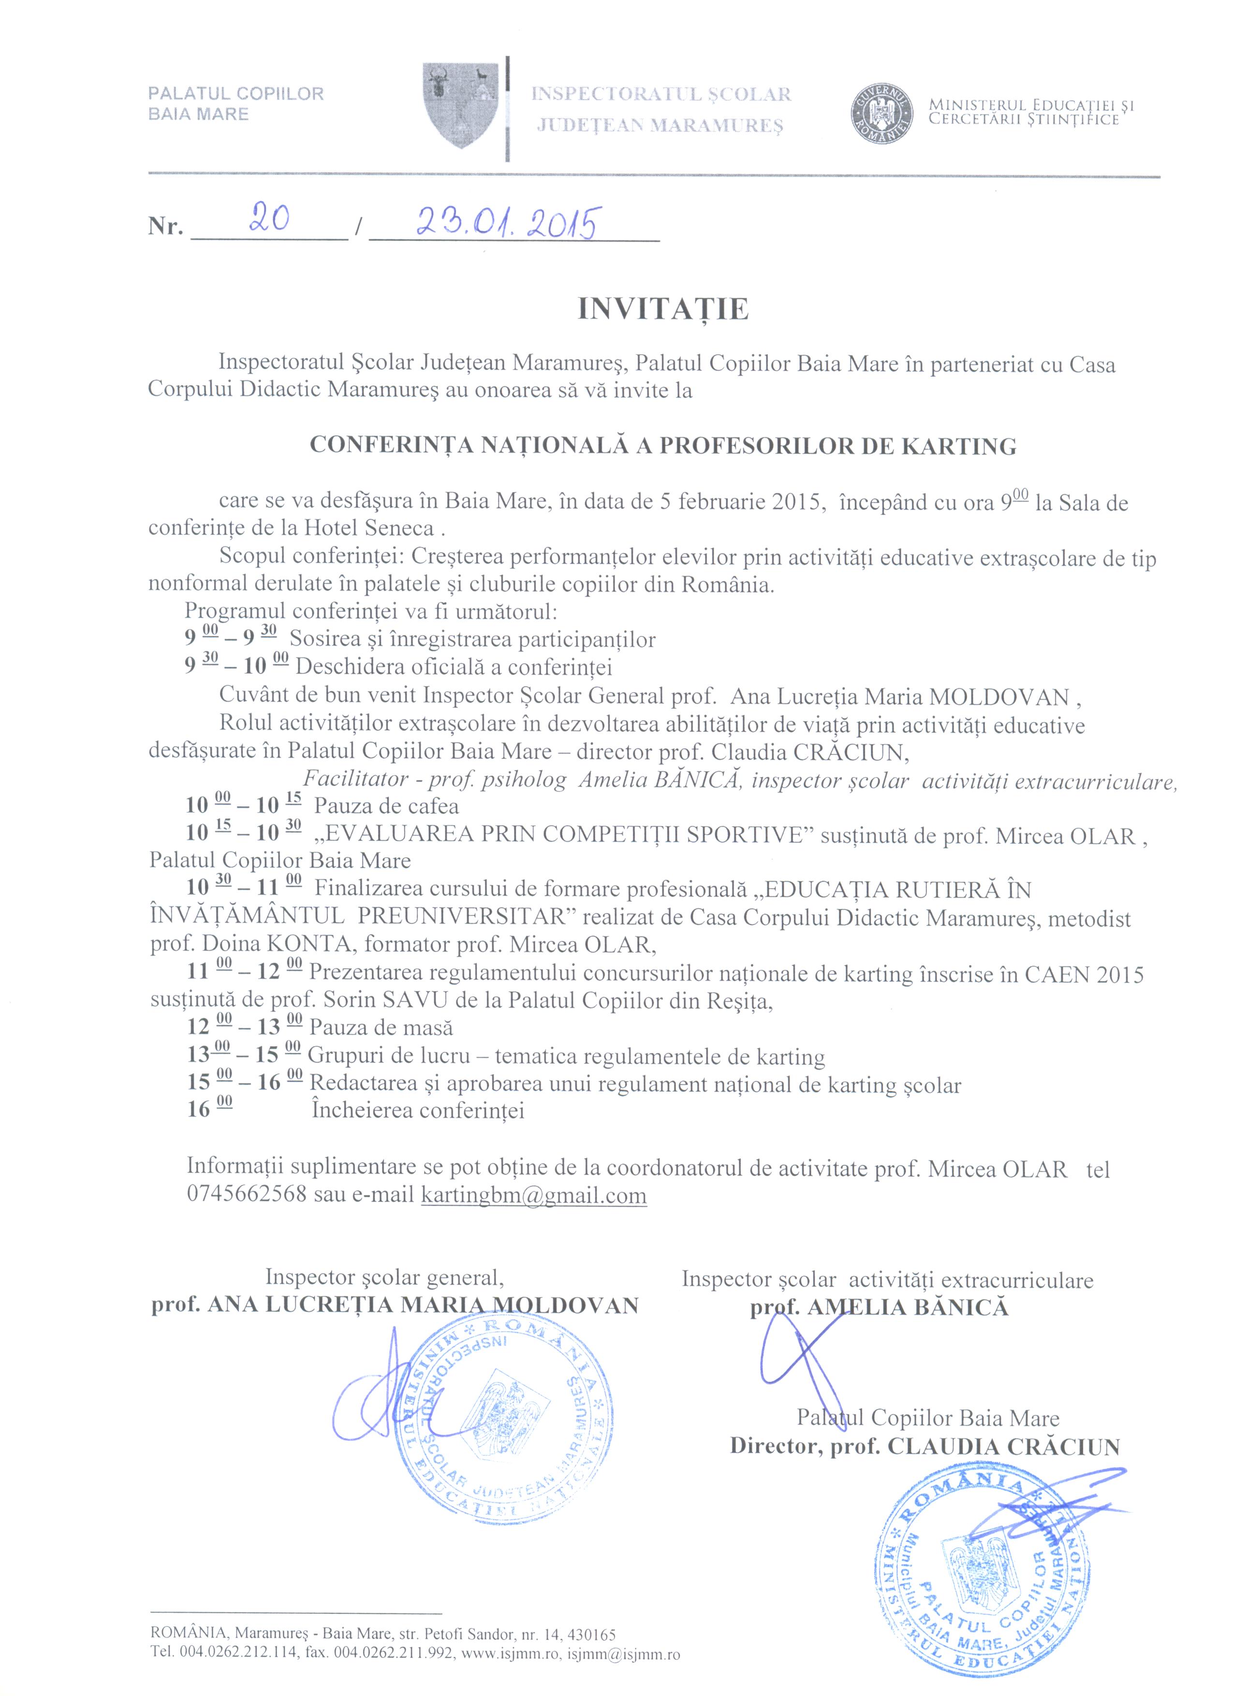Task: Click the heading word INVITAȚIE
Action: (x=663, y=309)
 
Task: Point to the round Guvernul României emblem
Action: (x=883, y=112)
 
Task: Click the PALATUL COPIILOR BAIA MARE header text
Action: (x=235, y=104)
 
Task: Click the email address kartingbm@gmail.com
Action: (x=533, y=1194)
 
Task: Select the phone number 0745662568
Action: (x=247, y=1194)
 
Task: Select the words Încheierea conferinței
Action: (x=417, y=1110)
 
